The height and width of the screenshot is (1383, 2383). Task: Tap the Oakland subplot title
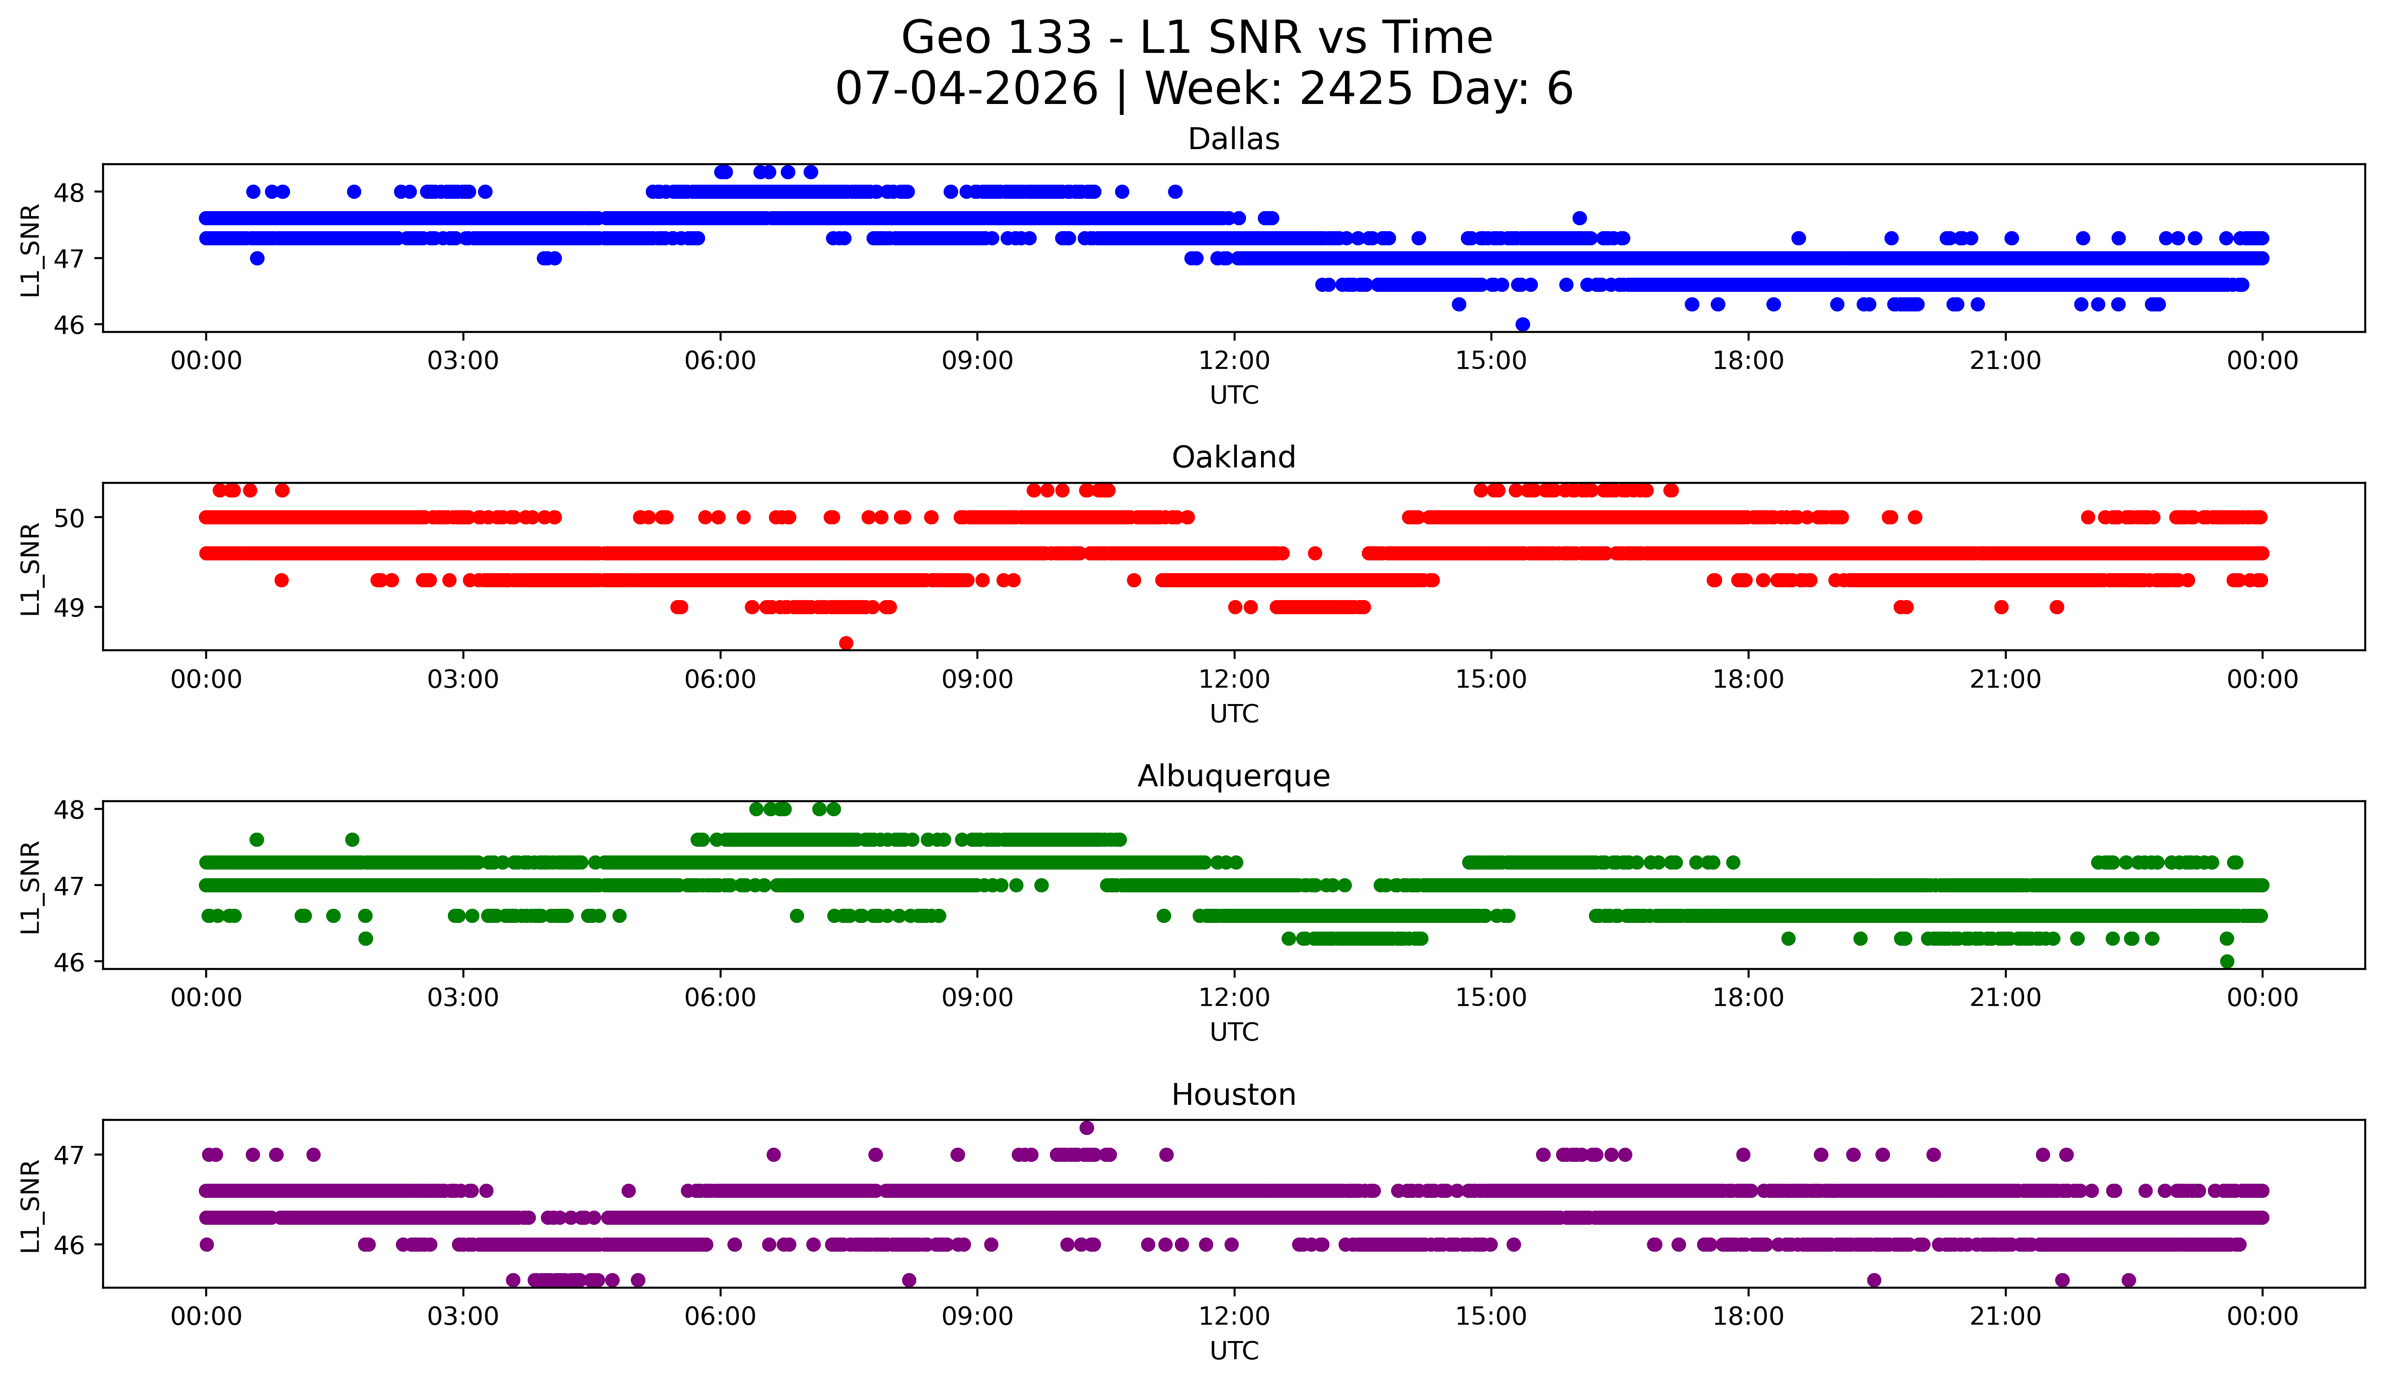pos(1233,457)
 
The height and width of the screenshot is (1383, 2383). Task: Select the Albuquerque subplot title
pos(1233,776)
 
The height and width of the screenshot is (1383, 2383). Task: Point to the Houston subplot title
pos(1233,1095)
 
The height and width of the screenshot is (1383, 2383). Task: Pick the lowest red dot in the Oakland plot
pos(846,643)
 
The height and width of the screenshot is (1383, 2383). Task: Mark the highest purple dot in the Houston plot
pos(1086,1128)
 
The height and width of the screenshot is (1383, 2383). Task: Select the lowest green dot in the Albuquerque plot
pos(2227,961)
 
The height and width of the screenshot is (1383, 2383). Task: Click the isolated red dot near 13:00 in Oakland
pos(1314,553)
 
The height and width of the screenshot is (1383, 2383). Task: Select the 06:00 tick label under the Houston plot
pos(721,1316)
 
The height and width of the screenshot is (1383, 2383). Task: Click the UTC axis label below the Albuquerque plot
pos(1234,1032)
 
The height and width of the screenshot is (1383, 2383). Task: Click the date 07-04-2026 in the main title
pos(966,89)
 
